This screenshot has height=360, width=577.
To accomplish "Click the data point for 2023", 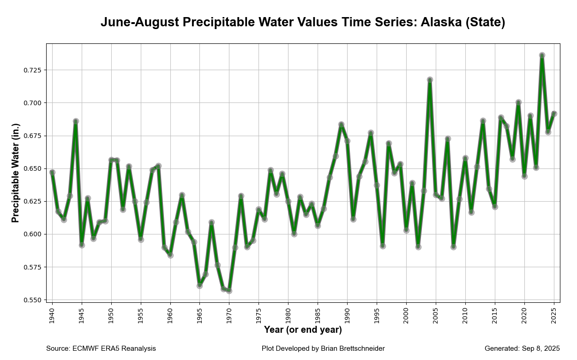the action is point(542,55).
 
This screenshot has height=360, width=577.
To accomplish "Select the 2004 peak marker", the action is point(430,79).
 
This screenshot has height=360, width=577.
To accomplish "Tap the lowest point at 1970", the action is point(229,291).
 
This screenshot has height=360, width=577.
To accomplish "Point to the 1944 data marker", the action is point(76,121).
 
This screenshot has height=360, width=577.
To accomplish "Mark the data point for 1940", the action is point(52,173).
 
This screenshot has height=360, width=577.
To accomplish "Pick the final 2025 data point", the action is point(554,114).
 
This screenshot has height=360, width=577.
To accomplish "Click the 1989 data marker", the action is point(342,125).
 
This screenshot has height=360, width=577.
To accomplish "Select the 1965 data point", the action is point(199,286).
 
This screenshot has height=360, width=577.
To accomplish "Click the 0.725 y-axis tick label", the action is point(32,70).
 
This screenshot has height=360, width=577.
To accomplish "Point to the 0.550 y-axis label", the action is point(32,300).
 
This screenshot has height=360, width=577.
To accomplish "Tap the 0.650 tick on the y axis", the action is point(32,168).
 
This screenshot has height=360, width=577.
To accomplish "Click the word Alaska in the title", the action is point(441,22).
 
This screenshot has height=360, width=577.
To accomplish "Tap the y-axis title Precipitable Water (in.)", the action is point(15,173).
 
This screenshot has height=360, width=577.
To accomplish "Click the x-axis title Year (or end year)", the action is point(303,330).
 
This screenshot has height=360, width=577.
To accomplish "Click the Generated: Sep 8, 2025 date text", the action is point(523,348).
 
